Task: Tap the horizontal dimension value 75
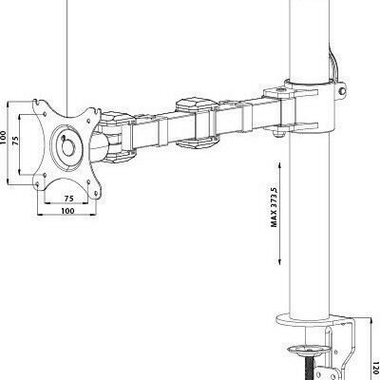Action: pyautogui.click(x=68, y=198)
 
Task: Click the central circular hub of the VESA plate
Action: pyautogui.click(x=68, y=147)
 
